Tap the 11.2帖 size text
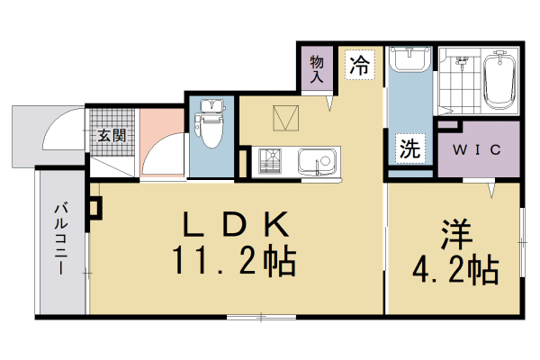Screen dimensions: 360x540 (237, 261)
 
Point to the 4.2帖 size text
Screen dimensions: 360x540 (454, 268)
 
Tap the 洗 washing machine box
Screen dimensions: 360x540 (409, 150)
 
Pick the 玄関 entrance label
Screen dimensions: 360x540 (112, 136)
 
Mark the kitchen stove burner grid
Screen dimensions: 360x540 (269, 162)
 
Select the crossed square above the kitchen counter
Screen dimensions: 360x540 (287, 117)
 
